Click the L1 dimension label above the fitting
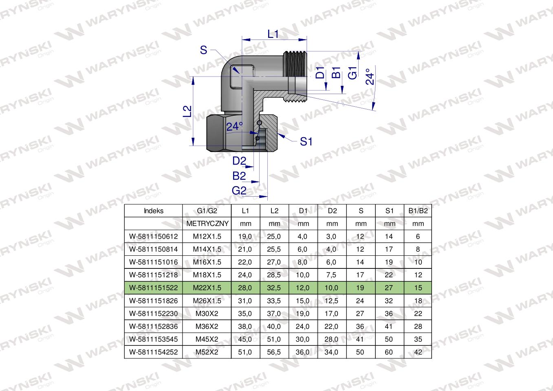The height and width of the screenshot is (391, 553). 273,35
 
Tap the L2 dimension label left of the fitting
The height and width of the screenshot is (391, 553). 187,112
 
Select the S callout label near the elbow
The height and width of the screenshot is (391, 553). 203,51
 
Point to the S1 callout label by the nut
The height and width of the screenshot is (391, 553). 306,142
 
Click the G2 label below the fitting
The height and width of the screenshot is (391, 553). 239,191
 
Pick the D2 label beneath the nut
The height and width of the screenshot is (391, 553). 239,161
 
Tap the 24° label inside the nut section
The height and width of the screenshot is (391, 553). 234,127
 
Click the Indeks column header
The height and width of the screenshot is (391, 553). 154,211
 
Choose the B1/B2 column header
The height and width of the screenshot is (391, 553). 418,211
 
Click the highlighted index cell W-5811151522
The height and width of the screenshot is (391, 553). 154,288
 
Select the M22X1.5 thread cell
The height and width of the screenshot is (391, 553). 207,288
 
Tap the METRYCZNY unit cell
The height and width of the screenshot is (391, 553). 207,224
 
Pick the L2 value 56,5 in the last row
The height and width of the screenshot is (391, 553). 274,352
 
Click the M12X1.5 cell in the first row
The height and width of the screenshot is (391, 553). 207,236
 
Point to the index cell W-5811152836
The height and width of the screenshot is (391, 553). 154,326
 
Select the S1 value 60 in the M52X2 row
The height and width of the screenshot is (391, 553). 389,352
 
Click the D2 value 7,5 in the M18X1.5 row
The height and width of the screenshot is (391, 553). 332,275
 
